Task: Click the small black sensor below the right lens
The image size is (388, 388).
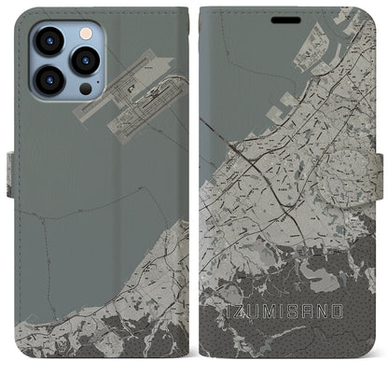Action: pos(85,89)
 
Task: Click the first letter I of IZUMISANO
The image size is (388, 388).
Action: pos(230,310)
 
